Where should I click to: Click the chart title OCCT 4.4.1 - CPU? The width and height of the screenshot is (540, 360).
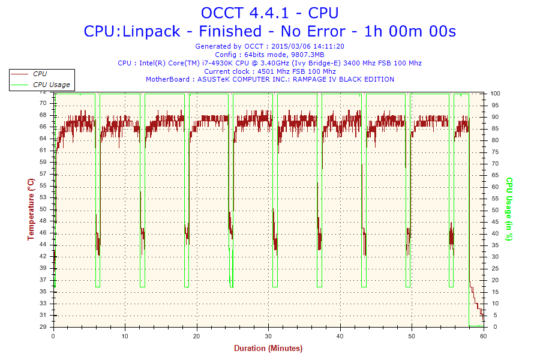click(269, 13)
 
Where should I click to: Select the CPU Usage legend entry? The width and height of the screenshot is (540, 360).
click(51, 85)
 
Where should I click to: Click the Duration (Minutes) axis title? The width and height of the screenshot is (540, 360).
click(268, 348)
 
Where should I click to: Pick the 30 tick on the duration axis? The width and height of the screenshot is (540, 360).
click(268, 336)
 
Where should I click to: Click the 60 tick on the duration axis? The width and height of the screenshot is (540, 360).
click(483, 336)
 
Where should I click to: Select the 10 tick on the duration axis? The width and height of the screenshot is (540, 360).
click(125, 336)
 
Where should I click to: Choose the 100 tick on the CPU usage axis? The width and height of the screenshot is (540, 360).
click(496, 94)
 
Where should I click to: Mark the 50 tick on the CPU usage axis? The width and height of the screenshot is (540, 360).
click(494, 210)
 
